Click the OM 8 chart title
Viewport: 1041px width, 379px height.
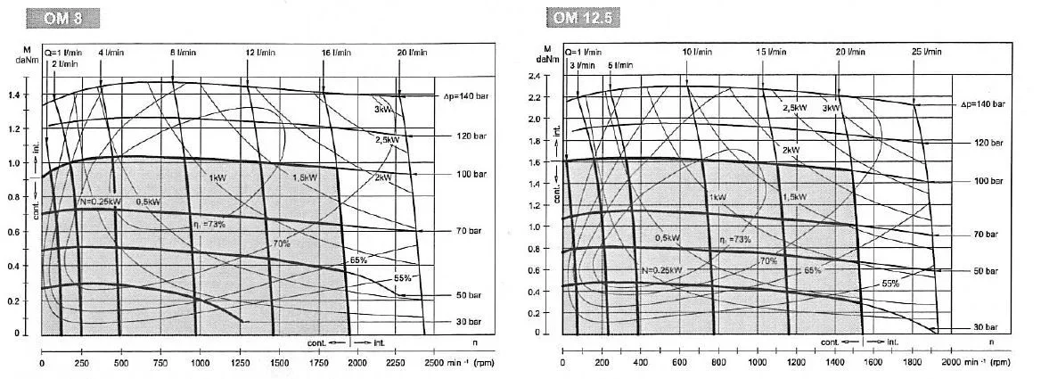pyautogui.click(x=63, y=18)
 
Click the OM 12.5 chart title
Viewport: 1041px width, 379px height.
pyautogui.click(x=585, y=18)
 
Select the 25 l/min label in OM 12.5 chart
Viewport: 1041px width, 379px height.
pyautogui.click(x=930, y=53)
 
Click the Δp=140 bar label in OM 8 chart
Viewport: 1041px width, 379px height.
pyautogui.click(x=463, y=95)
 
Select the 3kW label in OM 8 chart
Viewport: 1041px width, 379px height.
pyautogui.click(x=383, y=110)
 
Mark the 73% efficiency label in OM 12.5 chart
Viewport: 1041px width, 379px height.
pyautogui.click(x=735, y=239)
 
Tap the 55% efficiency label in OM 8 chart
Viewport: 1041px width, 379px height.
pyautogui.click(x=402, y=278)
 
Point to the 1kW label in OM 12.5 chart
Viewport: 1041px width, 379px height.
pyautogui.click(x=718, y=197)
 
